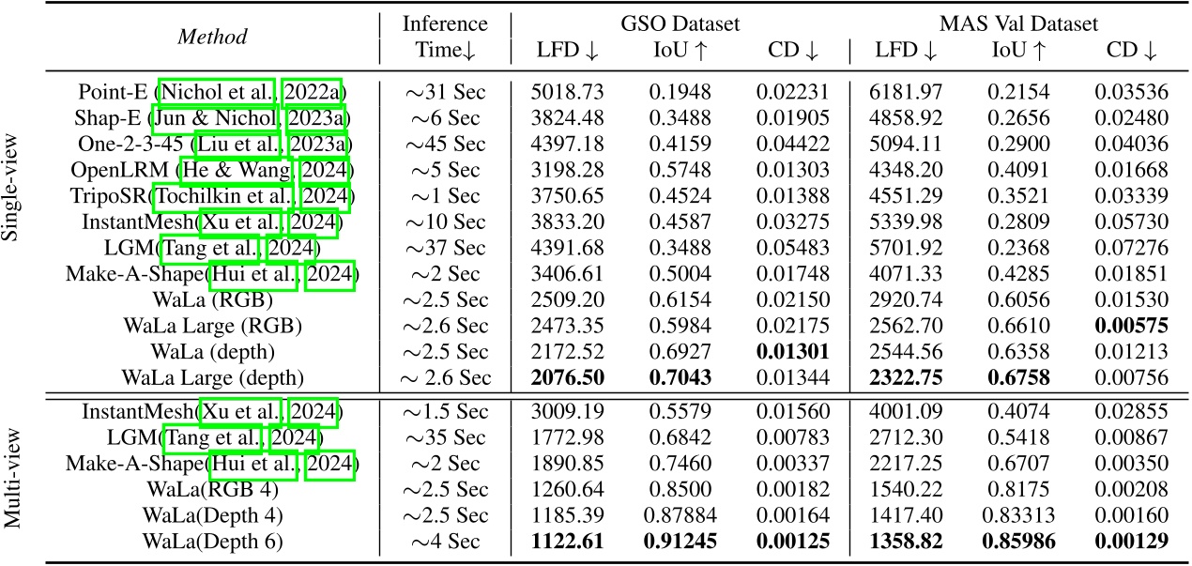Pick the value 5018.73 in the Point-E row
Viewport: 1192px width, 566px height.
pyautogui.click(x=565, y=93)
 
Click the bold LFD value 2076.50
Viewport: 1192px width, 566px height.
pyautogui.click(x=565, y=377)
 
